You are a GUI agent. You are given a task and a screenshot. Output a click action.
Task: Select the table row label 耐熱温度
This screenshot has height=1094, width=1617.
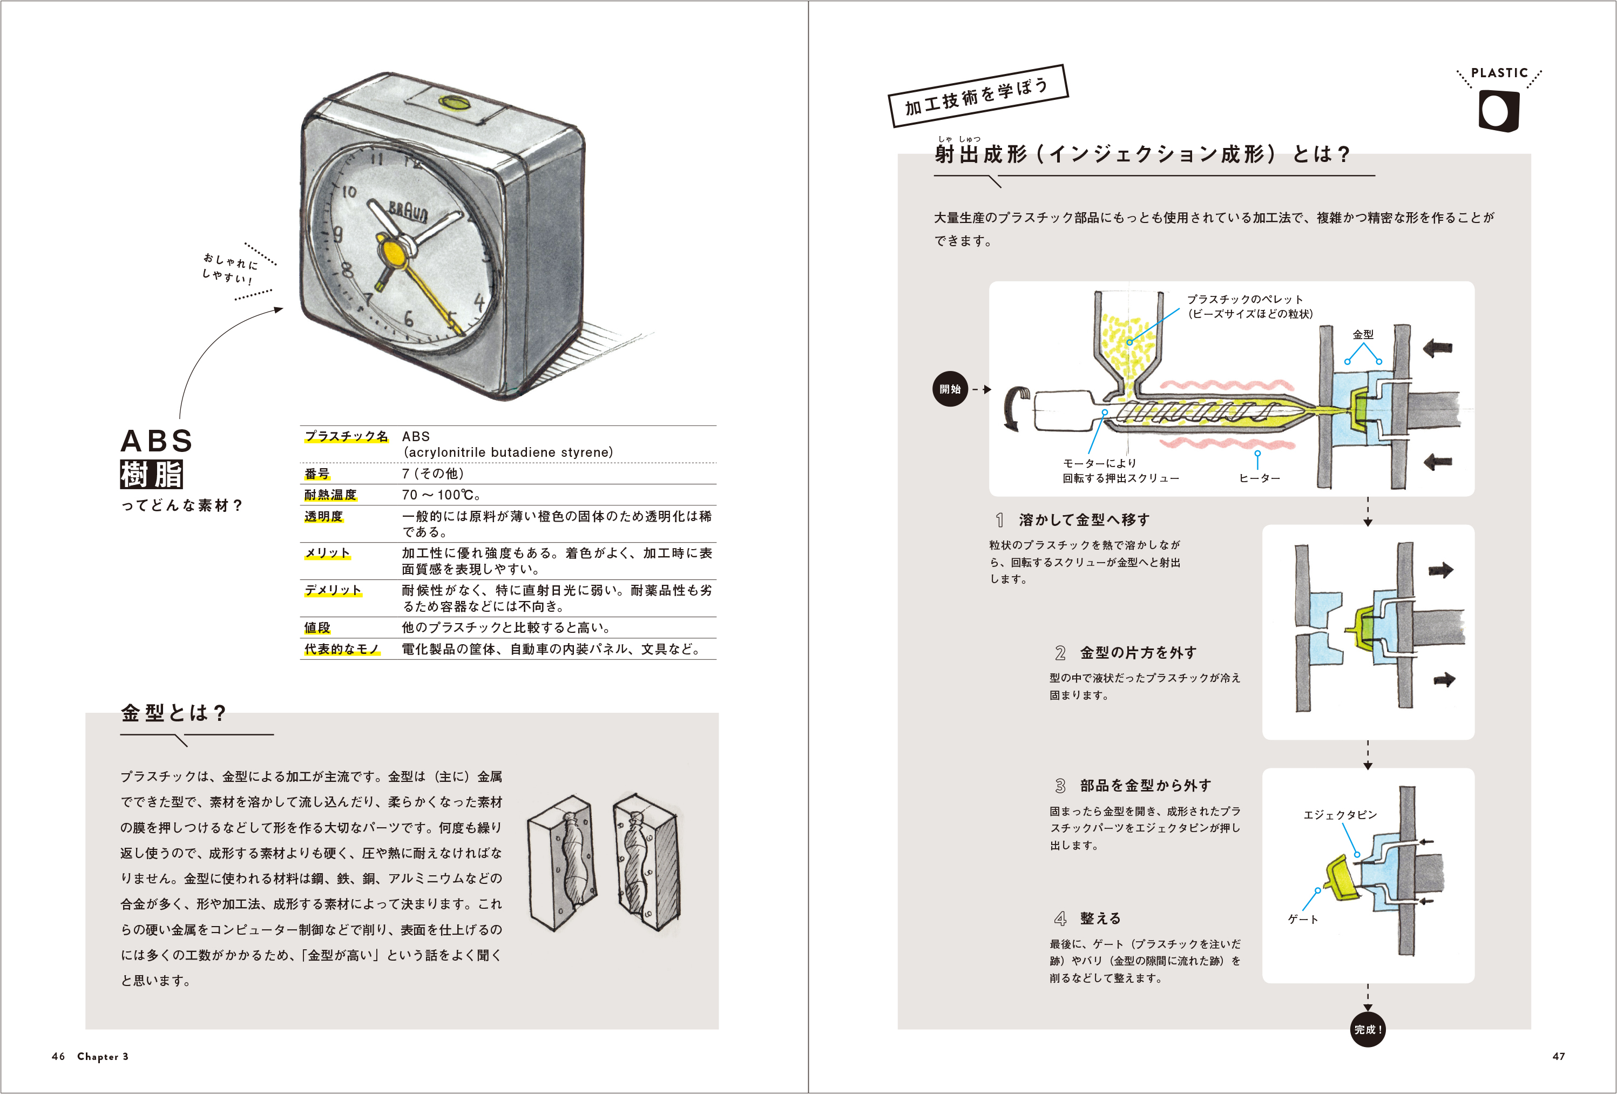tap(330, 495)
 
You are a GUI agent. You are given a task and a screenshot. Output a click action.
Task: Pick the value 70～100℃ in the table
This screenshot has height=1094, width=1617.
tap(441, 495)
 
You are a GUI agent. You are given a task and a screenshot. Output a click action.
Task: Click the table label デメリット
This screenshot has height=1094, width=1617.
tap(333, 590)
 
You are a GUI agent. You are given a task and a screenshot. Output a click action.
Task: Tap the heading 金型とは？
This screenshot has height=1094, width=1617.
tap(174, 713)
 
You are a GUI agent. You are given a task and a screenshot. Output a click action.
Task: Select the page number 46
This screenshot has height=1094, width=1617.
tap(58, 1056)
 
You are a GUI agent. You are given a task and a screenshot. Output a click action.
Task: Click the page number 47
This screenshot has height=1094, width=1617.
tap(1559, 1056)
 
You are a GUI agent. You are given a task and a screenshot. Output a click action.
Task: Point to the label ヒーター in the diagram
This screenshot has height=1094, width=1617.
tap(1260, 478)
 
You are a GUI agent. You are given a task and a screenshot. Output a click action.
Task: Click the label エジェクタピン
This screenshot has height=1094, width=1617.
tap(1340, 815)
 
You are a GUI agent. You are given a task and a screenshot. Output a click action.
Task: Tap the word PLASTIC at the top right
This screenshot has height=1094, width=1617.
tap(1499, 73)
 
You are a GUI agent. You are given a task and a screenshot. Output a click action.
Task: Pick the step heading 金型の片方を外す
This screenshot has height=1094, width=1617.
tap(1138, 653)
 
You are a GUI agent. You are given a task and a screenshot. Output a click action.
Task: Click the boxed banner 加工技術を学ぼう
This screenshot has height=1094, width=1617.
tap(978, 96)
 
